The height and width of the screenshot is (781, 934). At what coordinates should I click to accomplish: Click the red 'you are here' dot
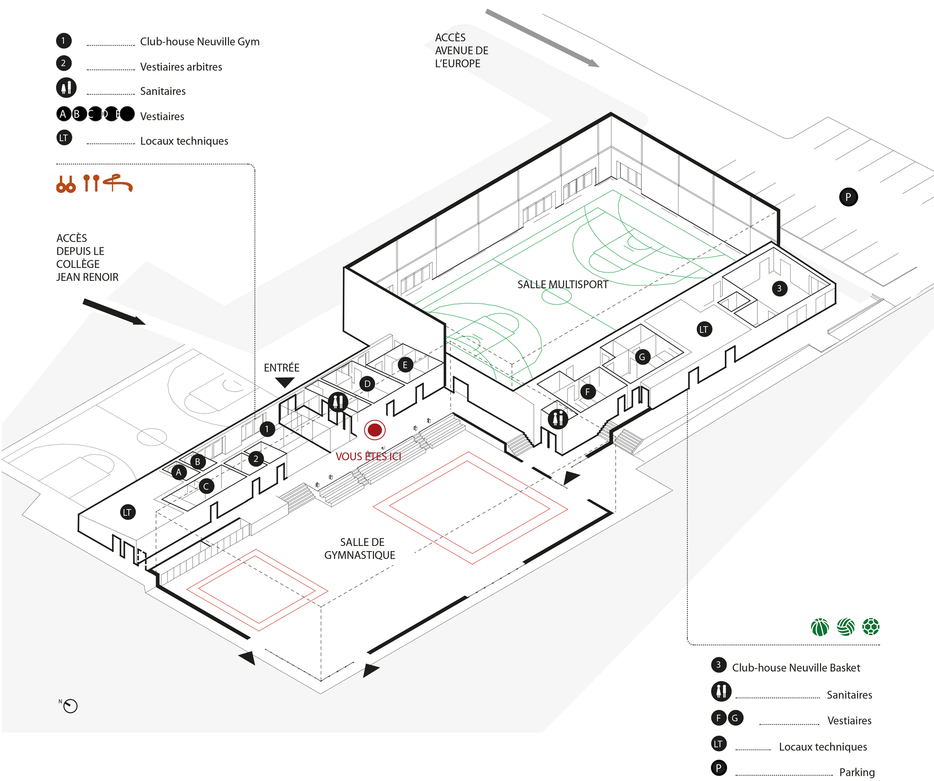(375, 430)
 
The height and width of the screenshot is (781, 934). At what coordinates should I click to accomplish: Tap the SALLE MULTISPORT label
(562, 284)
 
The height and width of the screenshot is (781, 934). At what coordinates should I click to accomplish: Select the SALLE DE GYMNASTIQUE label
(360, 549)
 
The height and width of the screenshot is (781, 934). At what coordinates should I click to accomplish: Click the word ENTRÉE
(282, 368)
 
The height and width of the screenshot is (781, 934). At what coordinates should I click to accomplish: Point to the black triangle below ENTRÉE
(284, 382)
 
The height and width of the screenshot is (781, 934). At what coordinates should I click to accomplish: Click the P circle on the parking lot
(848, 197)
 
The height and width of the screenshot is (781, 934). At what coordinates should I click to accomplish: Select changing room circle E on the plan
(405, 365)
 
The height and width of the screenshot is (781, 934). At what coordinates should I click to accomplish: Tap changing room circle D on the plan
(368, 384)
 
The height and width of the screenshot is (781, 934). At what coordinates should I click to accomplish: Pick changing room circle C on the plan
(206, 487)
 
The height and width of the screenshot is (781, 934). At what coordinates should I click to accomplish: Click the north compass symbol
(70, 706)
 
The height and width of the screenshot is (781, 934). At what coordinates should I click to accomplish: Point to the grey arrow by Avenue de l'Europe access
(542, 38)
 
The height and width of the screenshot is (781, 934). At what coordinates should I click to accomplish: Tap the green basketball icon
(820, 627)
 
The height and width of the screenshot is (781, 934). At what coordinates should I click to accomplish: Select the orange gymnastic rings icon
(66, 185)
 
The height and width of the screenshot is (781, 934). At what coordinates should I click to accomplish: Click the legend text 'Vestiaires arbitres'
(181, 67)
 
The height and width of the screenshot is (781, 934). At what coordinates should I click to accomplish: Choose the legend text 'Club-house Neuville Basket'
(796, 668)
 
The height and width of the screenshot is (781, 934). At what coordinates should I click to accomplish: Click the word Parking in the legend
(857, 772)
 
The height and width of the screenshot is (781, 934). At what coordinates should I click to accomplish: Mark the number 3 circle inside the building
(779, 288)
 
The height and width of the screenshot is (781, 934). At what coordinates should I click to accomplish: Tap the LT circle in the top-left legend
(64, 138)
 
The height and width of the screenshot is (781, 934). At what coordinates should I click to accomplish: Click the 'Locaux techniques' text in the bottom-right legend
(823, 747)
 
